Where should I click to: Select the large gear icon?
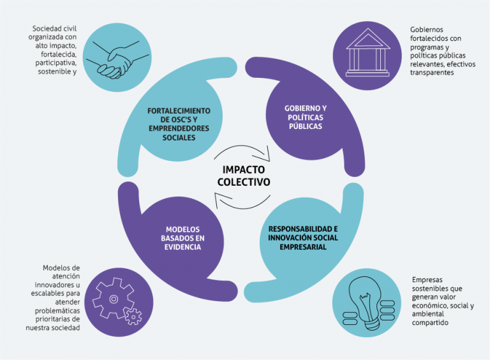tap(112, 299)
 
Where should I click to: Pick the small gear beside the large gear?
tap(133, 316)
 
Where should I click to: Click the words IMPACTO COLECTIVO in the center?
tap(246, 176)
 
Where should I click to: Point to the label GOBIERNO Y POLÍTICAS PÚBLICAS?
tap(304, 117)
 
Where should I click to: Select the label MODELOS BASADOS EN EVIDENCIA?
tap(183, 238)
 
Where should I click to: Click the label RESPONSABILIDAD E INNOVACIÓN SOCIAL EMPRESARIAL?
tap(302, 237)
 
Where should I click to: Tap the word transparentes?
tap(433, 73)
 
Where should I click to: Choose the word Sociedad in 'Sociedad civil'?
tap(47, 29)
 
